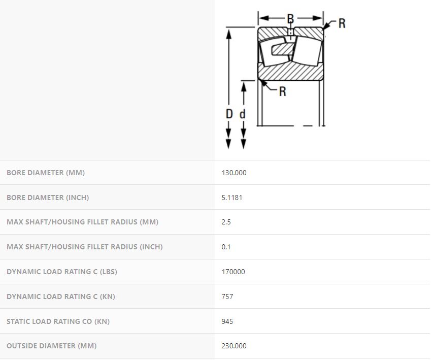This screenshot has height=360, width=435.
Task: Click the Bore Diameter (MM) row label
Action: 46,173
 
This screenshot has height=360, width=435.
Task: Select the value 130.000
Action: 234,173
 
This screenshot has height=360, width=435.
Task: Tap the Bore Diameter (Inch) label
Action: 48,198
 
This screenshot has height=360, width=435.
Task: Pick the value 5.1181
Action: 232,198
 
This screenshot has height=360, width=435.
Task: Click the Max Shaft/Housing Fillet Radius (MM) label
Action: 82,222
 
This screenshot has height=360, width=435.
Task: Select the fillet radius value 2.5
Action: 226,222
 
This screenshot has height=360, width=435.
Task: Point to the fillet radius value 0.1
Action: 226,247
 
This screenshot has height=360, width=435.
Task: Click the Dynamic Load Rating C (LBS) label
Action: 62,272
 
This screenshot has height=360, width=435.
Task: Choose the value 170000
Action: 233,272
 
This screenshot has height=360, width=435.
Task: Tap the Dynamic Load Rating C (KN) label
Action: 61,297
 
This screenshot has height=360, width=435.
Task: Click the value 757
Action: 227,297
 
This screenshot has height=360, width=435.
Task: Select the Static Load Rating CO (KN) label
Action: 58,321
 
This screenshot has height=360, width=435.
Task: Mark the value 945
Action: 227,321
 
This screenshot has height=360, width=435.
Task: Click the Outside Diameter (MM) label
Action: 52,346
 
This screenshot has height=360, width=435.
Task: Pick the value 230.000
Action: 234,346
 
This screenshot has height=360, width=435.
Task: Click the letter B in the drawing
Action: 290,19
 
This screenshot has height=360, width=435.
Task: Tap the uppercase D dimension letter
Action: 229,114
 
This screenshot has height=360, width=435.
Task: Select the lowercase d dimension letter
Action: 243,114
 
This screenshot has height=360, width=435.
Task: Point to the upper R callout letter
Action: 342,23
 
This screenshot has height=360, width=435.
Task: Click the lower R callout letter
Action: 282,91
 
